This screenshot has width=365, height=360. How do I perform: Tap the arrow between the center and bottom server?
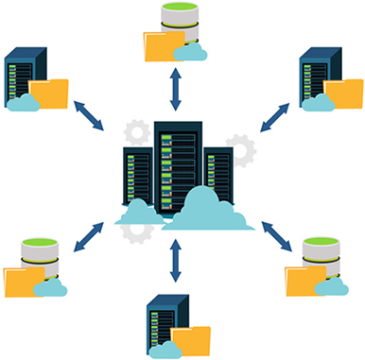click(175, 260)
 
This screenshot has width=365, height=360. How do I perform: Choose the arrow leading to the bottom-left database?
click(92, 235)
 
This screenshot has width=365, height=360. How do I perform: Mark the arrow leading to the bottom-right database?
click(275, 235)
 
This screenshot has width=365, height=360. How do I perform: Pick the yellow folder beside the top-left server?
click(50, 93)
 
